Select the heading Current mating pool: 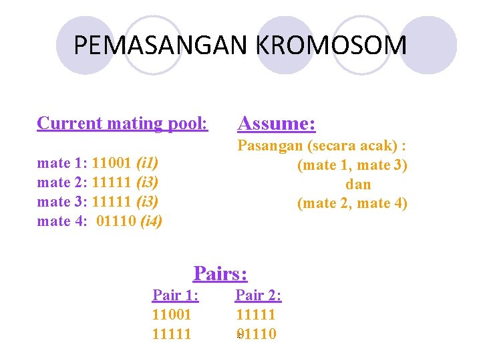pyautogui.click(x=122, y=124)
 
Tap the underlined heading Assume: pyautogui.click(x=277, y=124)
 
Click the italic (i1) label pyautogui.click(x=147, y=162)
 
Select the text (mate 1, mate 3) pyautogui.click(x=352, y=165)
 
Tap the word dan pyautogui.click(x=358, y=185)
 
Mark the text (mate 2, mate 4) pyautogui.click(x=352, y=203)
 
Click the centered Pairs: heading pyautogui.click(x=220, y=273)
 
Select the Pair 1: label pyautogui.click(x=176, y=295)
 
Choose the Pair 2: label pyautogui.click(x=259, y=295)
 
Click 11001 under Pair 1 pyautogui.click(x=172, y=314)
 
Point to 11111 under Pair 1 pyautogui.click(x=172, y=334)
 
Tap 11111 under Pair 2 pyautogui.click(x=255, y=314)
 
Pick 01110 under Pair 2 pyautogui.click(x=256, y=334)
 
